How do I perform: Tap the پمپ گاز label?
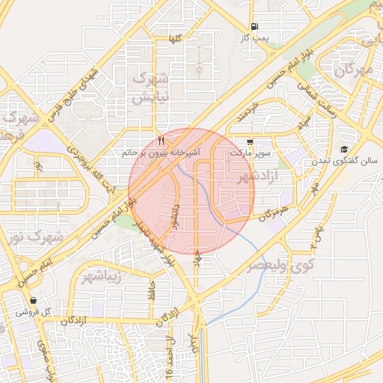click(255, 36)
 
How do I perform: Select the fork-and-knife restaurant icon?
click(162, 141)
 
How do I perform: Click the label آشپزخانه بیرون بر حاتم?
click(162, 153)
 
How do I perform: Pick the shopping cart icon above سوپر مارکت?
click(249, 141)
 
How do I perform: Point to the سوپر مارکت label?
click(249, 153)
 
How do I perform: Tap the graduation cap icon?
click(343, 149)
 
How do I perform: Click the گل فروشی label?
click(33, 312)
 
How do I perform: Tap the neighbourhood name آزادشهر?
click(257, 177)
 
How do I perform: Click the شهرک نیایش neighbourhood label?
click(150, 87)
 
